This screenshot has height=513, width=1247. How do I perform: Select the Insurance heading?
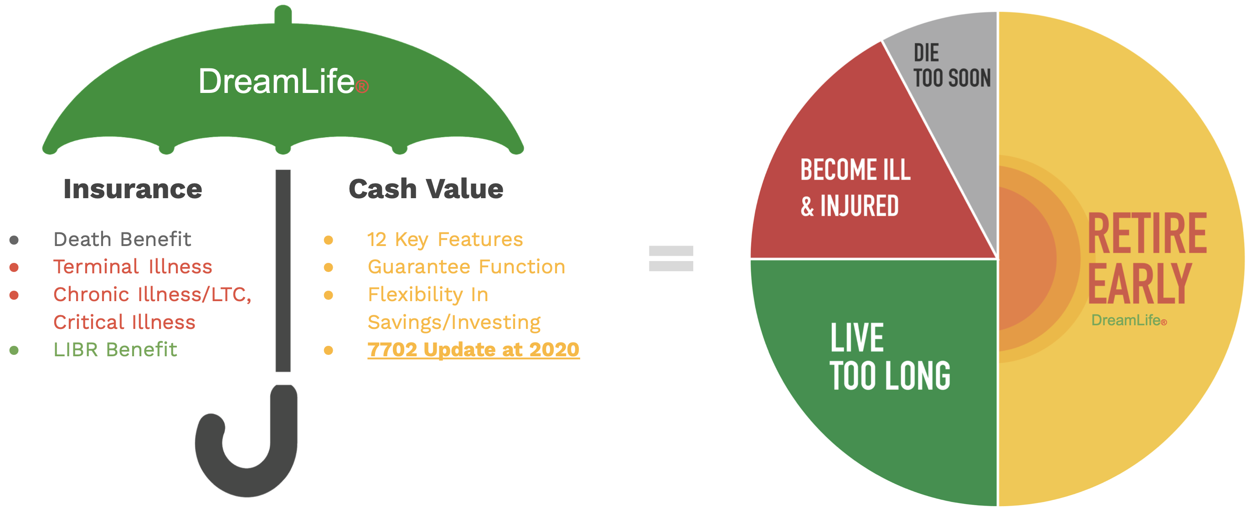pyautogui.click(x=133, y=189)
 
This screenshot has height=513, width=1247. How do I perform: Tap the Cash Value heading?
pyautogui.click(x=426, y=189)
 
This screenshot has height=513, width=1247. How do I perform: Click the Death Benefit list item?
pyautogui.click(x=122, y=239)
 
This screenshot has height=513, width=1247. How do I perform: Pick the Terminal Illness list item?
pyautogui.click(x=133, y=267)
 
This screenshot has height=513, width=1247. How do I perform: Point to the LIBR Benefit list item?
pyautogui.click(x=115, y=349)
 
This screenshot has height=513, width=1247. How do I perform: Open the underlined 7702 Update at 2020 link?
pyautogui.click(x=474, y=349)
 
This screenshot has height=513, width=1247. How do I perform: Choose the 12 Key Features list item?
pyautogui.click(x=445, y=240)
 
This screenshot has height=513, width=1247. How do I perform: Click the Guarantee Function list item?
pyautogui.click(x=466, y=267)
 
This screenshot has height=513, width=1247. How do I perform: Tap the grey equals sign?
pyautogui.click(x=671, y=258)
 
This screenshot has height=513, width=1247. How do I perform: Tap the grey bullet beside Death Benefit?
pyautogui.click(x=14, y=240)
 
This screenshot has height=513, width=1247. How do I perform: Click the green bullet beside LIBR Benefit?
pyautogui.click(x=14, y=350)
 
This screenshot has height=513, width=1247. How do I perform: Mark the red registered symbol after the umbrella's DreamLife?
pyautogui.click(x=362, y=87)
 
